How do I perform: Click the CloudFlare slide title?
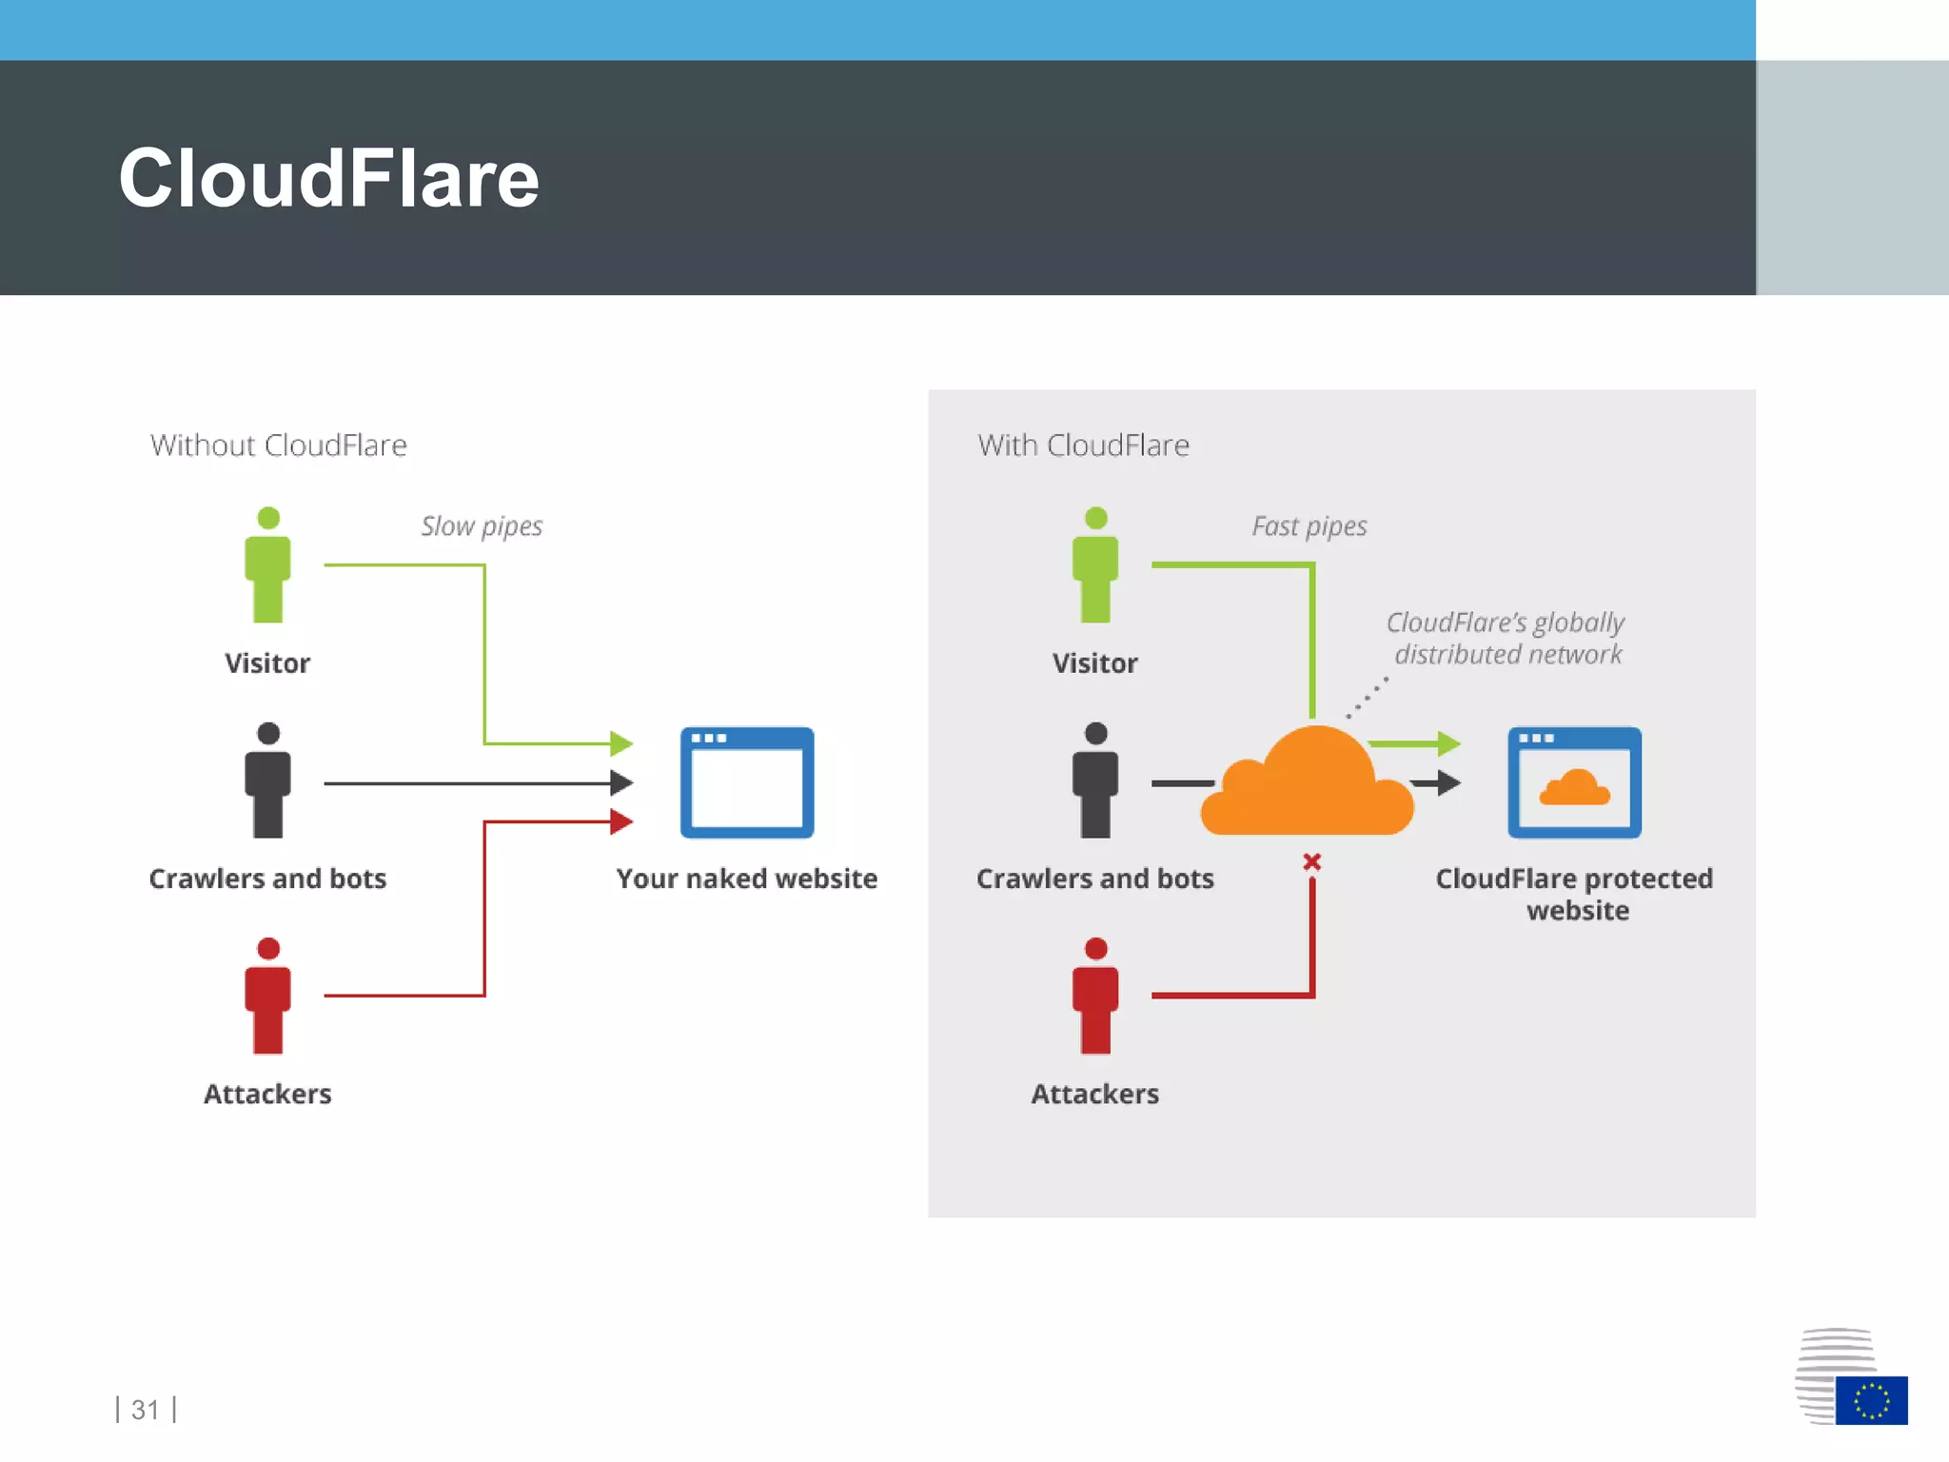coord(328,179)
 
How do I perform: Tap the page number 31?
coord(145,1409)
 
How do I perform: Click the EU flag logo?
coord(1870,1400)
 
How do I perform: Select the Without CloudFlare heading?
coord(278,445)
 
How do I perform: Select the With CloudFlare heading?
coord(1083,445)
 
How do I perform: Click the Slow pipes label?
coord(482,526)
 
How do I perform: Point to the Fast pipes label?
coord(1309,526)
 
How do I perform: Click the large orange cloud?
coord(1309,785)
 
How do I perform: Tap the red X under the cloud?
coord(1311,862)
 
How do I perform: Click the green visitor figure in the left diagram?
coord(267,565)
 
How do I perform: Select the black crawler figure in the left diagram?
coord(267,780)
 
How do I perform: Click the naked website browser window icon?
coord(747,782)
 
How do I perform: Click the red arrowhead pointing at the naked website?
coord(621,820)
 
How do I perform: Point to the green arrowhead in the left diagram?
coord(621,743)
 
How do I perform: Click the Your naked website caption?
coord(746,879)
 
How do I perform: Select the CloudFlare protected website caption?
coord(1575,894)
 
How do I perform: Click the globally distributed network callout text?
coord(1506,638)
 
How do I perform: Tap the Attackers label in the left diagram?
coord(267,1094)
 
